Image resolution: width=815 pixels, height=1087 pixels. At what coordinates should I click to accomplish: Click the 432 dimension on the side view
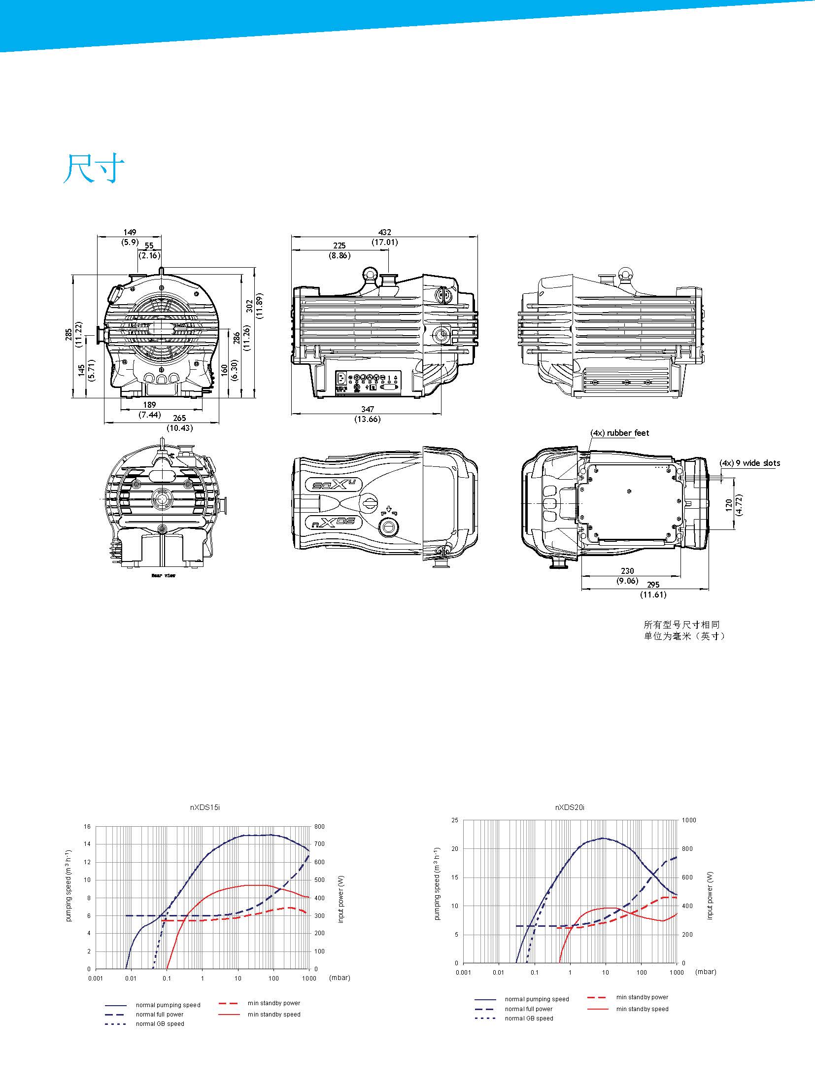pyautogui.click(x=384, y=232)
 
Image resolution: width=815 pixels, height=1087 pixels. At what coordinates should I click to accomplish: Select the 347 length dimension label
pyautogui.click(x=367, y=409)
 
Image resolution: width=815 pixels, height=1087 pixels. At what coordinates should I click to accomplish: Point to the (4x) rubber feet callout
pyautogui.click(x=620, y=433)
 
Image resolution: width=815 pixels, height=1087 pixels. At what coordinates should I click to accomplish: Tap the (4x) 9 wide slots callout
pyautogui.click(x=749, y=463)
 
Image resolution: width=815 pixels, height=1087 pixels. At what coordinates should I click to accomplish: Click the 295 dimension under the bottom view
pyautogui.click(x=653, y=585)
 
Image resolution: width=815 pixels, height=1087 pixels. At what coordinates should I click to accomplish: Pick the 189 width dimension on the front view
pyautogui.click(x=149, y=405)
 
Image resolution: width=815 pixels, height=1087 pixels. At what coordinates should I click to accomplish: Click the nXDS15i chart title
pyautogui.click(x=202, y=807)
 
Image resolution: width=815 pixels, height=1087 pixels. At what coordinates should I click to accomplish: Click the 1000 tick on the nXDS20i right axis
pyautogui.click(x=688, y=820)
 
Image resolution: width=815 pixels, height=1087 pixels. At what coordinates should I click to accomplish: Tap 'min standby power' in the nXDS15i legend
pyautogui.click(x=273, y=1003)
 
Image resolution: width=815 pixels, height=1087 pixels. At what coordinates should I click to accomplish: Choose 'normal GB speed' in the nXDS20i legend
pyautogui.click(x=529, y=1018)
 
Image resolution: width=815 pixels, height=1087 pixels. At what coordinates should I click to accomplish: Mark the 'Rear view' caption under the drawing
pyautogui.click(x=163, y=575)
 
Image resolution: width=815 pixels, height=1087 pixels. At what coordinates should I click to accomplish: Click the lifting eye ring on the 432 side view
pyautogui.click(x=370, y=273)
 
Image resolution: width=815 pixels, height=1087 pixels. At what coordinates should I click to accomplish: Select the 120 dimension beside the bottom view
pyautogui.click(x=729, y=504)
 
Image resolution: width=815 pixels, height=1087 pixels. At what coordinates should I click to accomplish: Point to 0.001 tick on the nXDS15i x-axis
pyautogui.click(x=95, y=978)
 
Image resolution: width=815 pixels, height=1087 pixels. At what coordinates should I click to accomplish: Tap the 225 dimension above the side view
pyautogui.click(x=340, y=245)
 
